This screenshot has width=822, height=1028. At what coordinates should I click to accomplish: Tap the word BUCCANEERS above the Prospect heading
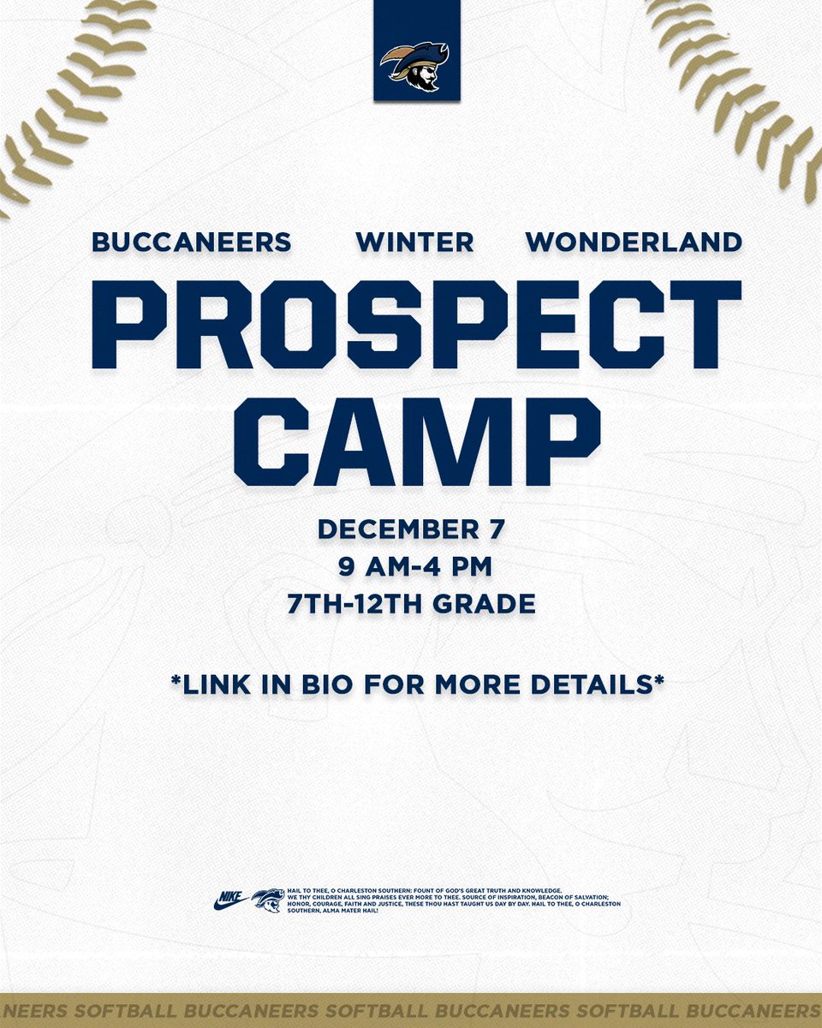click(191, 242)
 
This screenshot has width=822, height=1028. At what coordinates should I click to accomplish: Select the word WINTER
click(414, 242)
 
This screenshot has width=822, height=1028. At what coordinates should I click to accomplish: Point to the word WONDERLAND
click(634, 242)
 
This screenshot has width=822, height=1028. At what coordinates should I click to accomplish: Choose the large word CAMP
click(417, 442)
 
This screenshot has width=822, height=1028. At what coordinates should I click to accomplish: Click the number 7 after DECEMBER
click(497, 529)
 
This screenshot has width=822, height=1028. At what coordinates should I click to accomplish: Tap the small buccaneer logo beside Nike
click(268, 900)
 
